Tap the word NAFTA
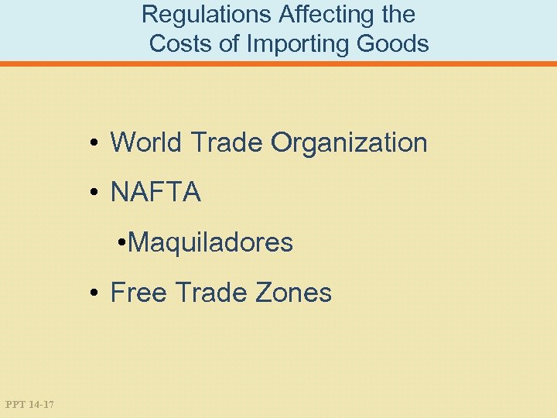pyautogui.click(x=155, y=193)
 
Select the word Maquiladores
pyautogui.click(x=210, y=243)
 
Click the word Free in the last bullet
pyautogui.click(x=139, y=293)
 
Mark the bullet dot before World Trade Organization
pyautogui.click(x=92, y=143)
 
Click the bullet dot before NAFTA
pyautogui.click(x=92, y=194)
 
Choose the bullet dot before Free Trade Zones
pyautogui.click(x=92, y=293)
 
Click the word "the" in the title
pyautogui.click(x=397, y=14)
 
